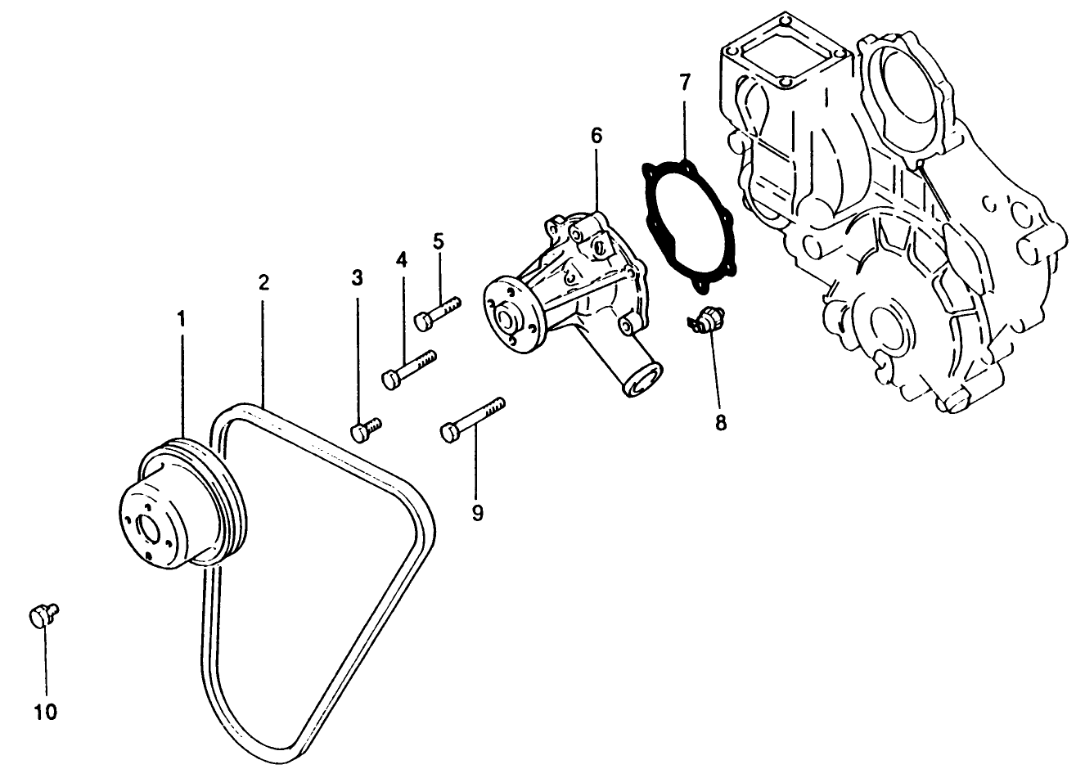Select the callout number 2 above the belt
[x=263, y=283]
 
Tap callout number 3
[x=357, y=278]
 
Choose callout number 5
[x=439, y=241]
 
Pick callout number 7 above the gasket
[x=685, y=82]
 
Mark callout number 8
[x=720, y=423]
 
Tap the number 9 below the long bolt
[x=478, y=513]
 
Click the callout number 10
[x=46, y=713]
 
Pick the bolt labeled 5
[x=437, y=314]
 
